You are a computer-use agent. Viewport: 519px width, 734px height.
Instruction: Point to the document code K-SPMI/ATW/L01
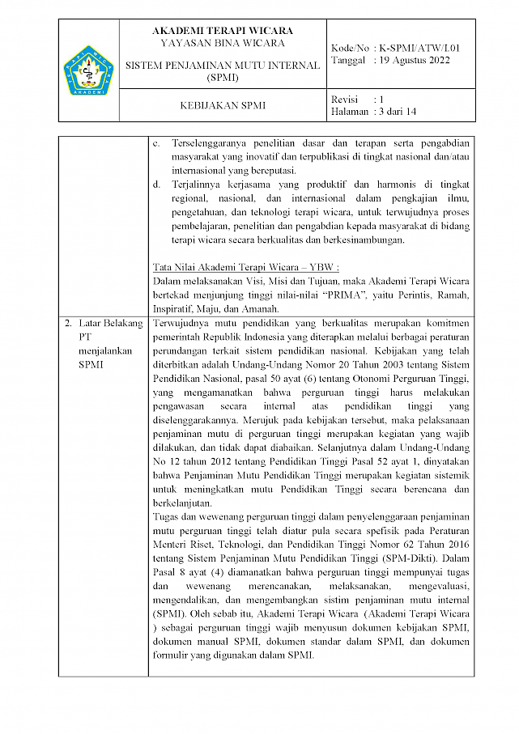(425, 49)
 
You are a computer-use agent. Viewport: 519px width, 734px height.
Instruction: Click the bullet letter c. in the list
(157, 142)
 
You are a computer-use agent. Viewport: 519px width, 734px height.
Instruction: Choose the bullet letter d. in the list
(157, 185)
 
